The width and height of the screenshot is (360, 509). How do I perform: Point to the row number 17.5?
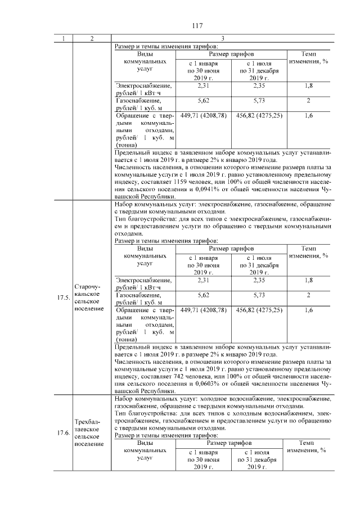click(63, 298)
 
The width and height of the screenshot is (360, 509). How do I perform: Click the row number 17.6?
click(63, 432)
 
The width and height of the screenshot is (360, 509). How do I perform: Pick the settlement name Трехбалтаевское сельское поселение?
click(89, 432)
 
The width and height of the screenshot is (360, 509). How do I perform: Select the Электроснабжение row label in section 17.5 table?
click(143, 283)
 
